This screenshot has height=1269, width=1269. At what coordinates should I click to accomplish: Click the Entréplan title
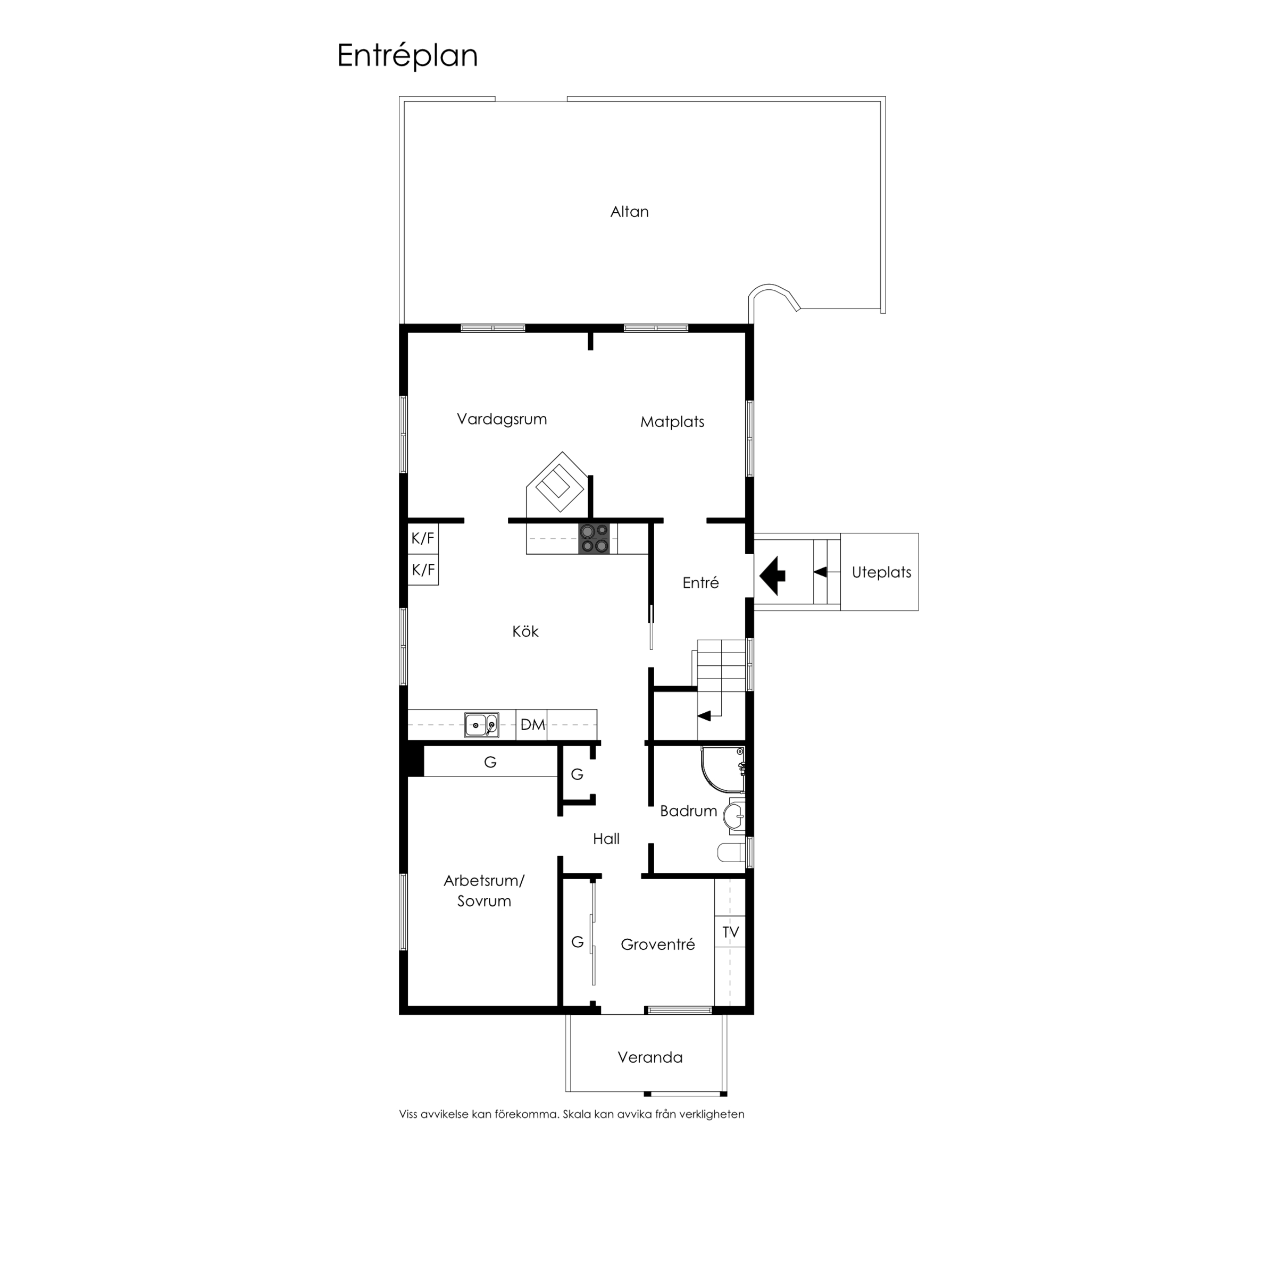(407, 56)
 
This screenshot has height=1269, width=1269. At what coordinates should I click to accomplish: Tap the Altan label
(629, 212)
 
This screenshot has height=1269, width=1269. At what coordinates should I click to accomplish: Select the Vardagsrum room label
(502, 419)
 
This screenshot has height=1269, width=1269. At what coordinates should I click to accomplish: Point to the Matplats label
(672, 422)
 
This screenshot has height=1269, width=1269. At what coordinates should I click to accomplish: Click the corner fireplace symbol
(556, 482)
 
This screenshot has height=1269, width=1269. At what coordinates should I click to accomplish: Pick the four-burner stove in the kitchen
(594, 539)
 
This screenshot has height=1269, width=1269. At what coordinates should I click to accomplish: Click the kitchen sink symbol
(481, 725)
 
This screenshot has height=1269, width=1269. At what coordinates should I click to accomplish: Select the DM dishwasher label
(533, 724)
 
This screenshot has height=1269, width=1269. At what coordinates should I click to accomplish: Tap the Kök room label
(525, 631)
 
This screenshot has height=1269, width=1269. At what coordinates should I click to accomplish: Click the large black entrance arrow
(772, 575)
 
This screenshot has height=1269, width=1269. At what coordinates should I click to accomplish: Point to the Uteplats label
(881, 572)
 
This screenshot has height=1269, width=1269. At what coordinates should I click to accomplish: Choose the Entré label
(701, 582)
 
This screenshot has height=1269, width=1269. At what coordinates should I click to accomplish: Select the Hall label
(606, 839)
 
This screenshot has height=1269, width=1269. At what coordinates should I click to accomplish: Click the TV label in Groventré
(730, 932)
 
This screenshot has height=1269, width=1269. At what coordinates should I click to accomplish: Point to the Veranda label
(650, 1057)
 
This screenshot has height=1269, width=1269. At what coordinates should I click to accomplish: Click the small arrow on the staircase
(704, 716)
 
